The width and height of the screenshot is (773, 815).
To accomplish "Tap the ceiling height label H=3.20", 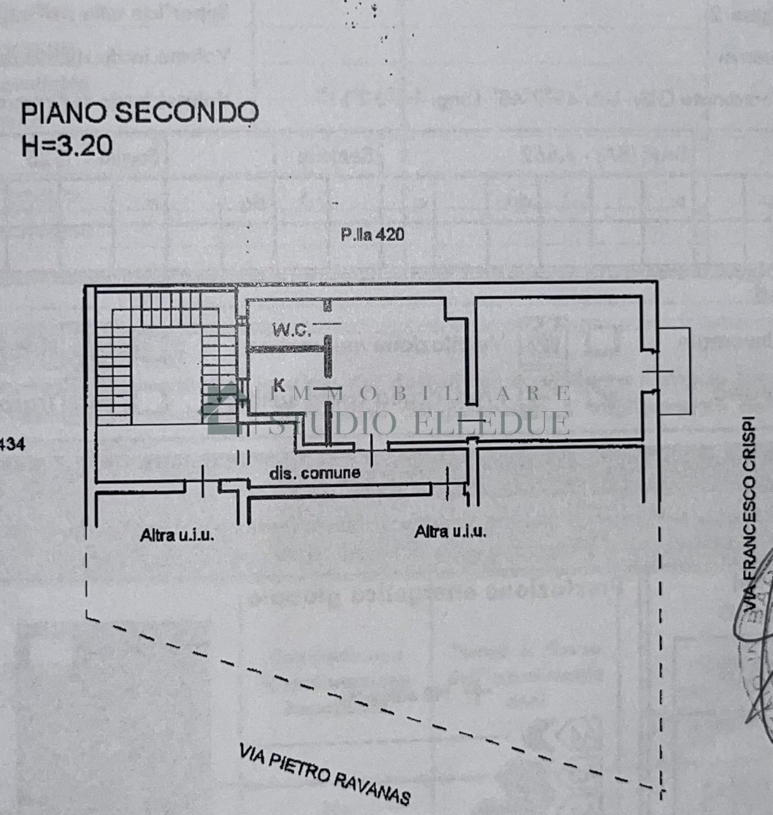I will (67, 146).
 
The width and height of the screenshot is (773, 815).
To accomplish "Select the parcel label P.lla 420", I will (372, 235).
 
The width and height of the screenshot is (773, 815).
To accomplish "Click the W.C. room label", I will (291, 330).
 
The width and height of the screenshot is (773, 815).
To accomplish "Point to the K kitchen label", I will (278, 383).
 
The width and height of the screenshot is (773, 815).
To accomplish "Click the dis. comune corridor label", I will (315, 473).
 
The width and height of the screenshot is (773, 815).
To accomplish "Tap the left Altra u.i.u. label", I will (177, 535).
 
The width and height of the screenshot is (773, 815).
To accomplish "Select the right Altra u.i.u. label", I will (450, 531).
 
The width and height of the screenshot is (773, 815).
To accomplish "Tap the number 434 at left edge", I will (12, 445).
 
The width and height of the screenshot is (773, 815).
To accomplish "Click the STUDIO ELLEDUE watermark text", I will (420, 422).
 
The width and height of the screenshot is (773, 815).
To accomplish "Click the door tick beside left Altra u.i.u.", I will (203, 482).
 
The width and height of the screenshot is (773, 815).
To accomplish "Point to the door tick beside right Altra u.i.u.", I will (448, 483).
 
